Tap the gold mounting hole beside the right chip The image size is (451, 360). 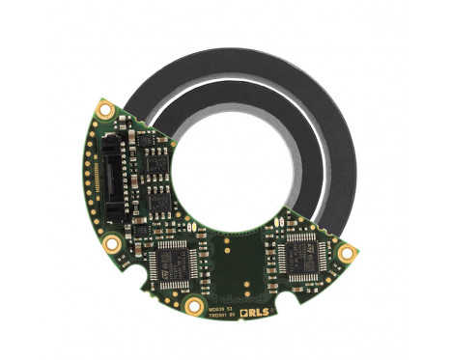tap(346, 252)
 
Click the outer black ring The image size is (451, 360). tap(319, 116)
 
